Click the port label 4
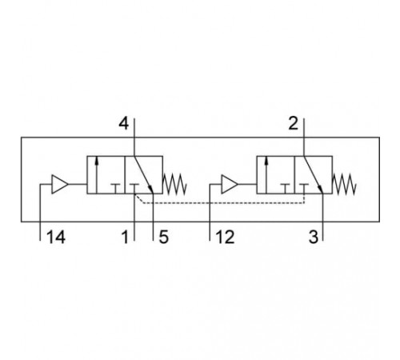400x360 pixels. point(123,124)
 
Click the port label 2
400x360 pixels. point(293,124)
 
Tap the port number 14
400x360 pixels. point(56,237)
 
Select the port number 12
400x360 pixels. point(225,237)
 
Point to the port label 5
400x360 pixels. point(164,237)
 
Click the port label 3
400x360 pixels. point(314,237)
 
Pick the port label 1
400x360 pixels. point(125,237)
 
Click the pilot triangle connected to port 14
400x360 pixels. point(59,184)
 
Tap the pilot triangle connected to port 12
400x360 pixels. point(230,184)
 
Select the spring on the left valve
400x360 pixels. point(174,184)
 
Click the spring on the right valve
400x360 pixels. point(344,184)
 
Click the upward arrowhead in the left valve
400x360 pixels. point(97,161)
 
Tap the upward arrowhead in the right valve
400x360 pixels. point(266,161)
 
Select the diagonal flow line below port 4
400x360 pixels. point(143,174)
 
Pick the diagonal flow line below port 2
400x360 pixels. point(313,174)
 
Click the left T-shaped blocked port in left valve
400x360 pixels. point(116,188)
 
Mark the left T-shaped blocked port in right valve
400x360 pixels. point(285,188)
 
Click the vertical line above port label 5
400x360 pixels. point(154,217)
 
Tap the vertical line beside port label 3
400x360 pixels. point(322,217)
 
